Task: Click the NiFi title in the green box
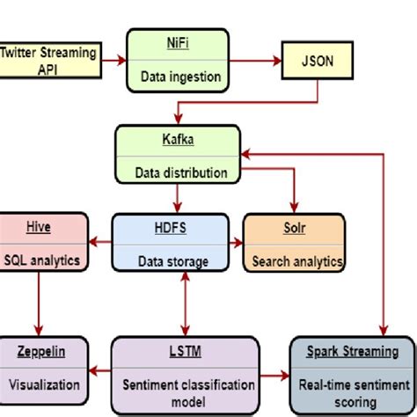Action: (x=178, y=40)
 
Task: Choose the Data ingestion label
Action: (x=178, y=77)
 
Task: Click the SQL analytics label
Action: (x=43, y=260)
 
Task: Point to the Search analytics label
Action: (x=296, y=260)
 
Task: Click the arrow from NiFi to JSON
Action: (x=252, y=61)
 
